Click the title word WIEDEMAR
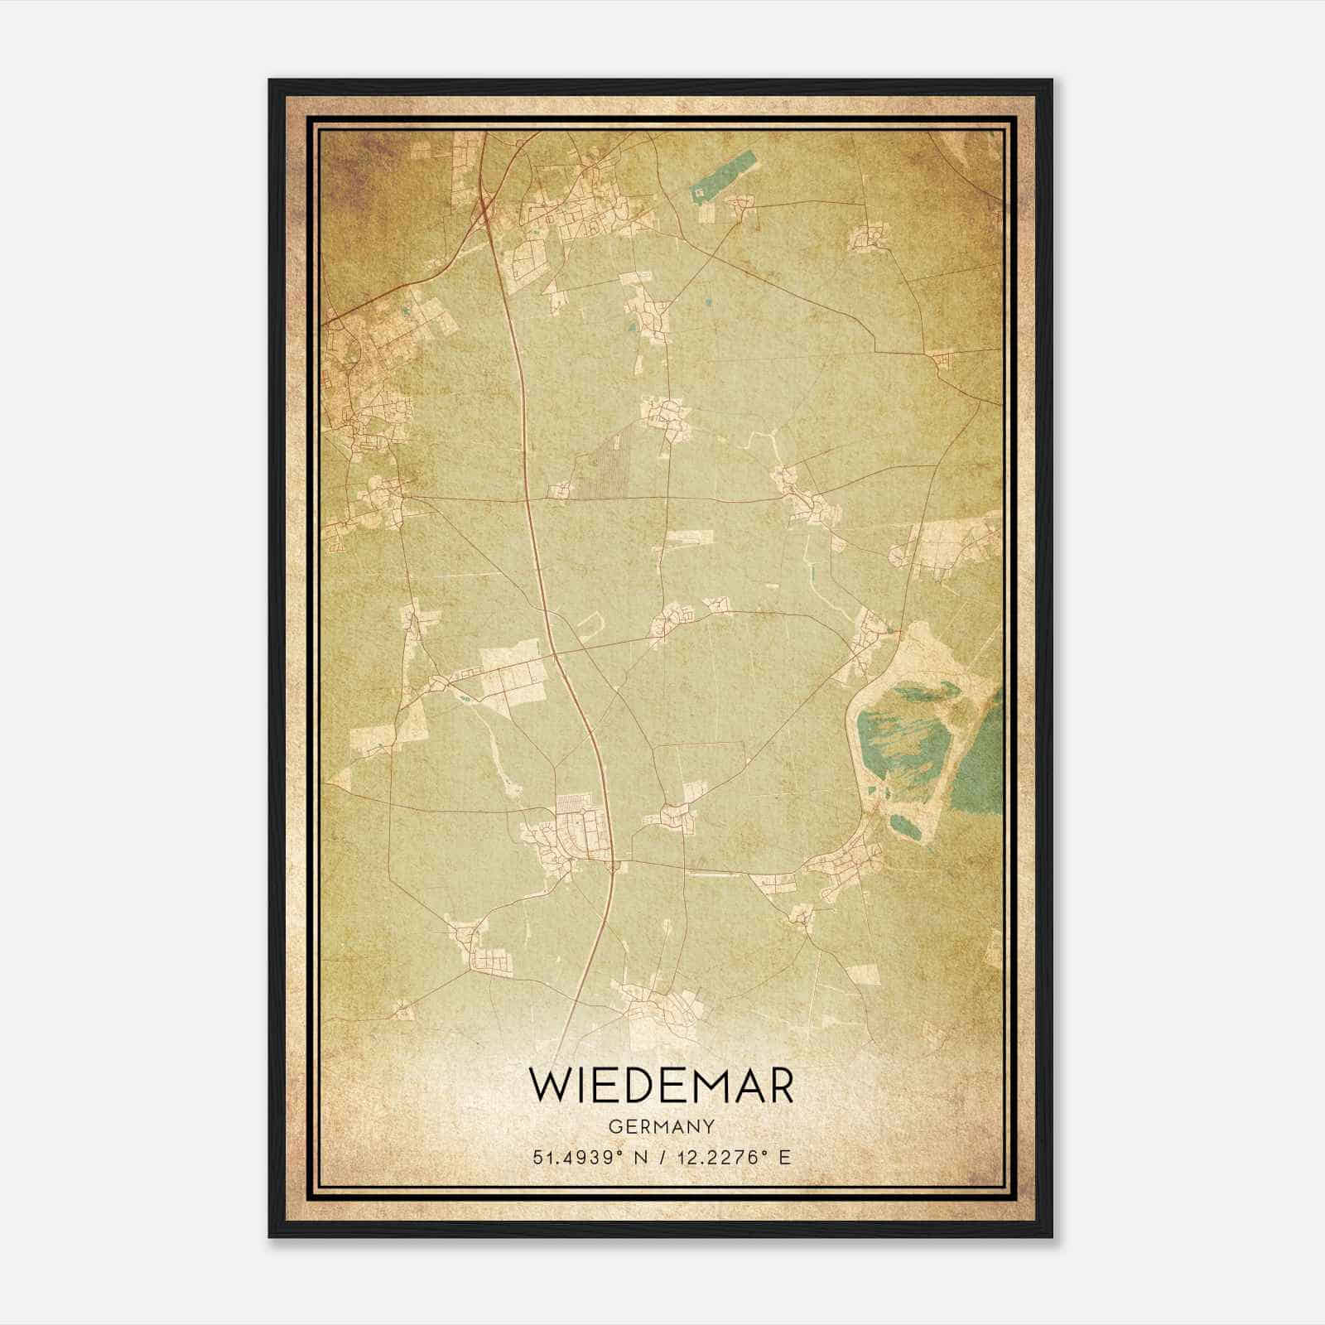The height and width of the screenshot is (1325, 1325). pyautogui.click(x=662, y=1086)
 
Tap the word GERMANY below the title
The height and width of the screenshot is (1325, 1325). pyautogui.click(x=662, y=1127)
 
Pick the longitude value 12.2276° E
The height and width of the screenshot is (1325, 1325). pyautogui.click(x=734, y=1157)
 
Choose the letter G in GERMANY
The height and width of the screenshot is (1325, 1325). pyautogui.click(x=614, y=1127)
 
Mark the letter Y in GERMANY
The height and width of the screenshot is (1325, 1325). pyautogui.click(x=710, y=1127)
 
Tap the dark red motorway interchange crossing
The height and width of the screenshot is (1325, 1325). pyautogui.click(x=482, y=217)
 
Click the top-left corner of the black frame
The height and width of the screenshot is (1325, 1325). pyautogui.click(x=271, y=81)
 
